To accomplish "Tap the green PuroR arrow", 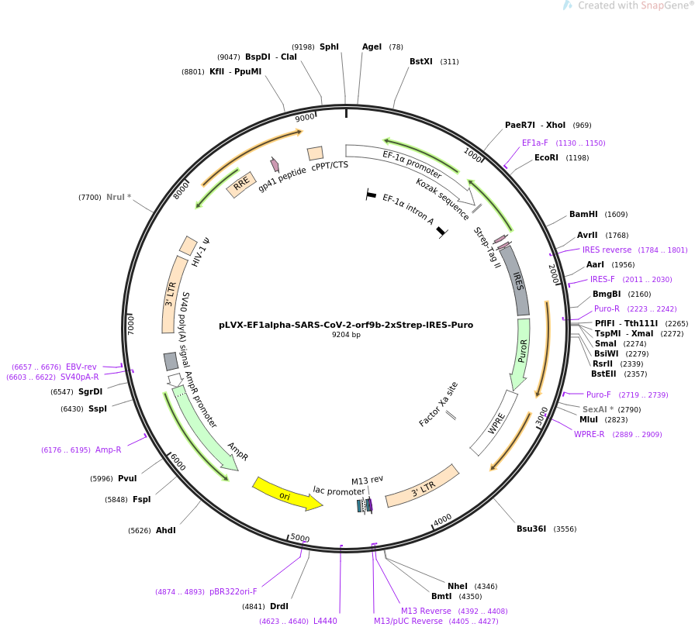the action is [x=520, y=353].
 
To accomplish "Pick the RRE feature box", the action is [x=241, y=184].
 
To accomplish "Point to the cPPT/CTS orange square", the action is [x=315, y=153].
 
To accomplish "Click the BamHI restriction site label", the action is [x=583, y=215].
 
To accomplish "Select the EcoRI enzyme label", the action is [x=546, y=157].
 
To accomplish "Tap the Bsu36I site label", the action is [x=531, y=529].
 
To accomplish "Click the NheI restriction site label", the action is [x=458, y=586].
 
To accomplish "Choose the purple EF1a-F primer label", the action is [x=534, y=143].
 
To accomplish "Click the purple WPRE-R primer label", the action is [x=589, y=434].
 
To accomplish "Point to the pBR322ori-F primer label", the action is [x=233, y=591].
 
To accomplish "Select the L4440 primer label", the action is [x=325, y=621].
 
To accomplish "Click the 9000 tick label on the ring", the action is [x=305, y=117].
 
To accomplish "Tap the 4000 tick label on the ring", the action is [x=442, y=520].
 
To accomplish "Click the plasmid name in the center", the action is [x=346, y=325].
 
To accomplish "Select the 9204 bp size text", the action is [x=346, y=335].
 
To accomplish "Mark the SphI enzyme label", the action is [x=329, y=47].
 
